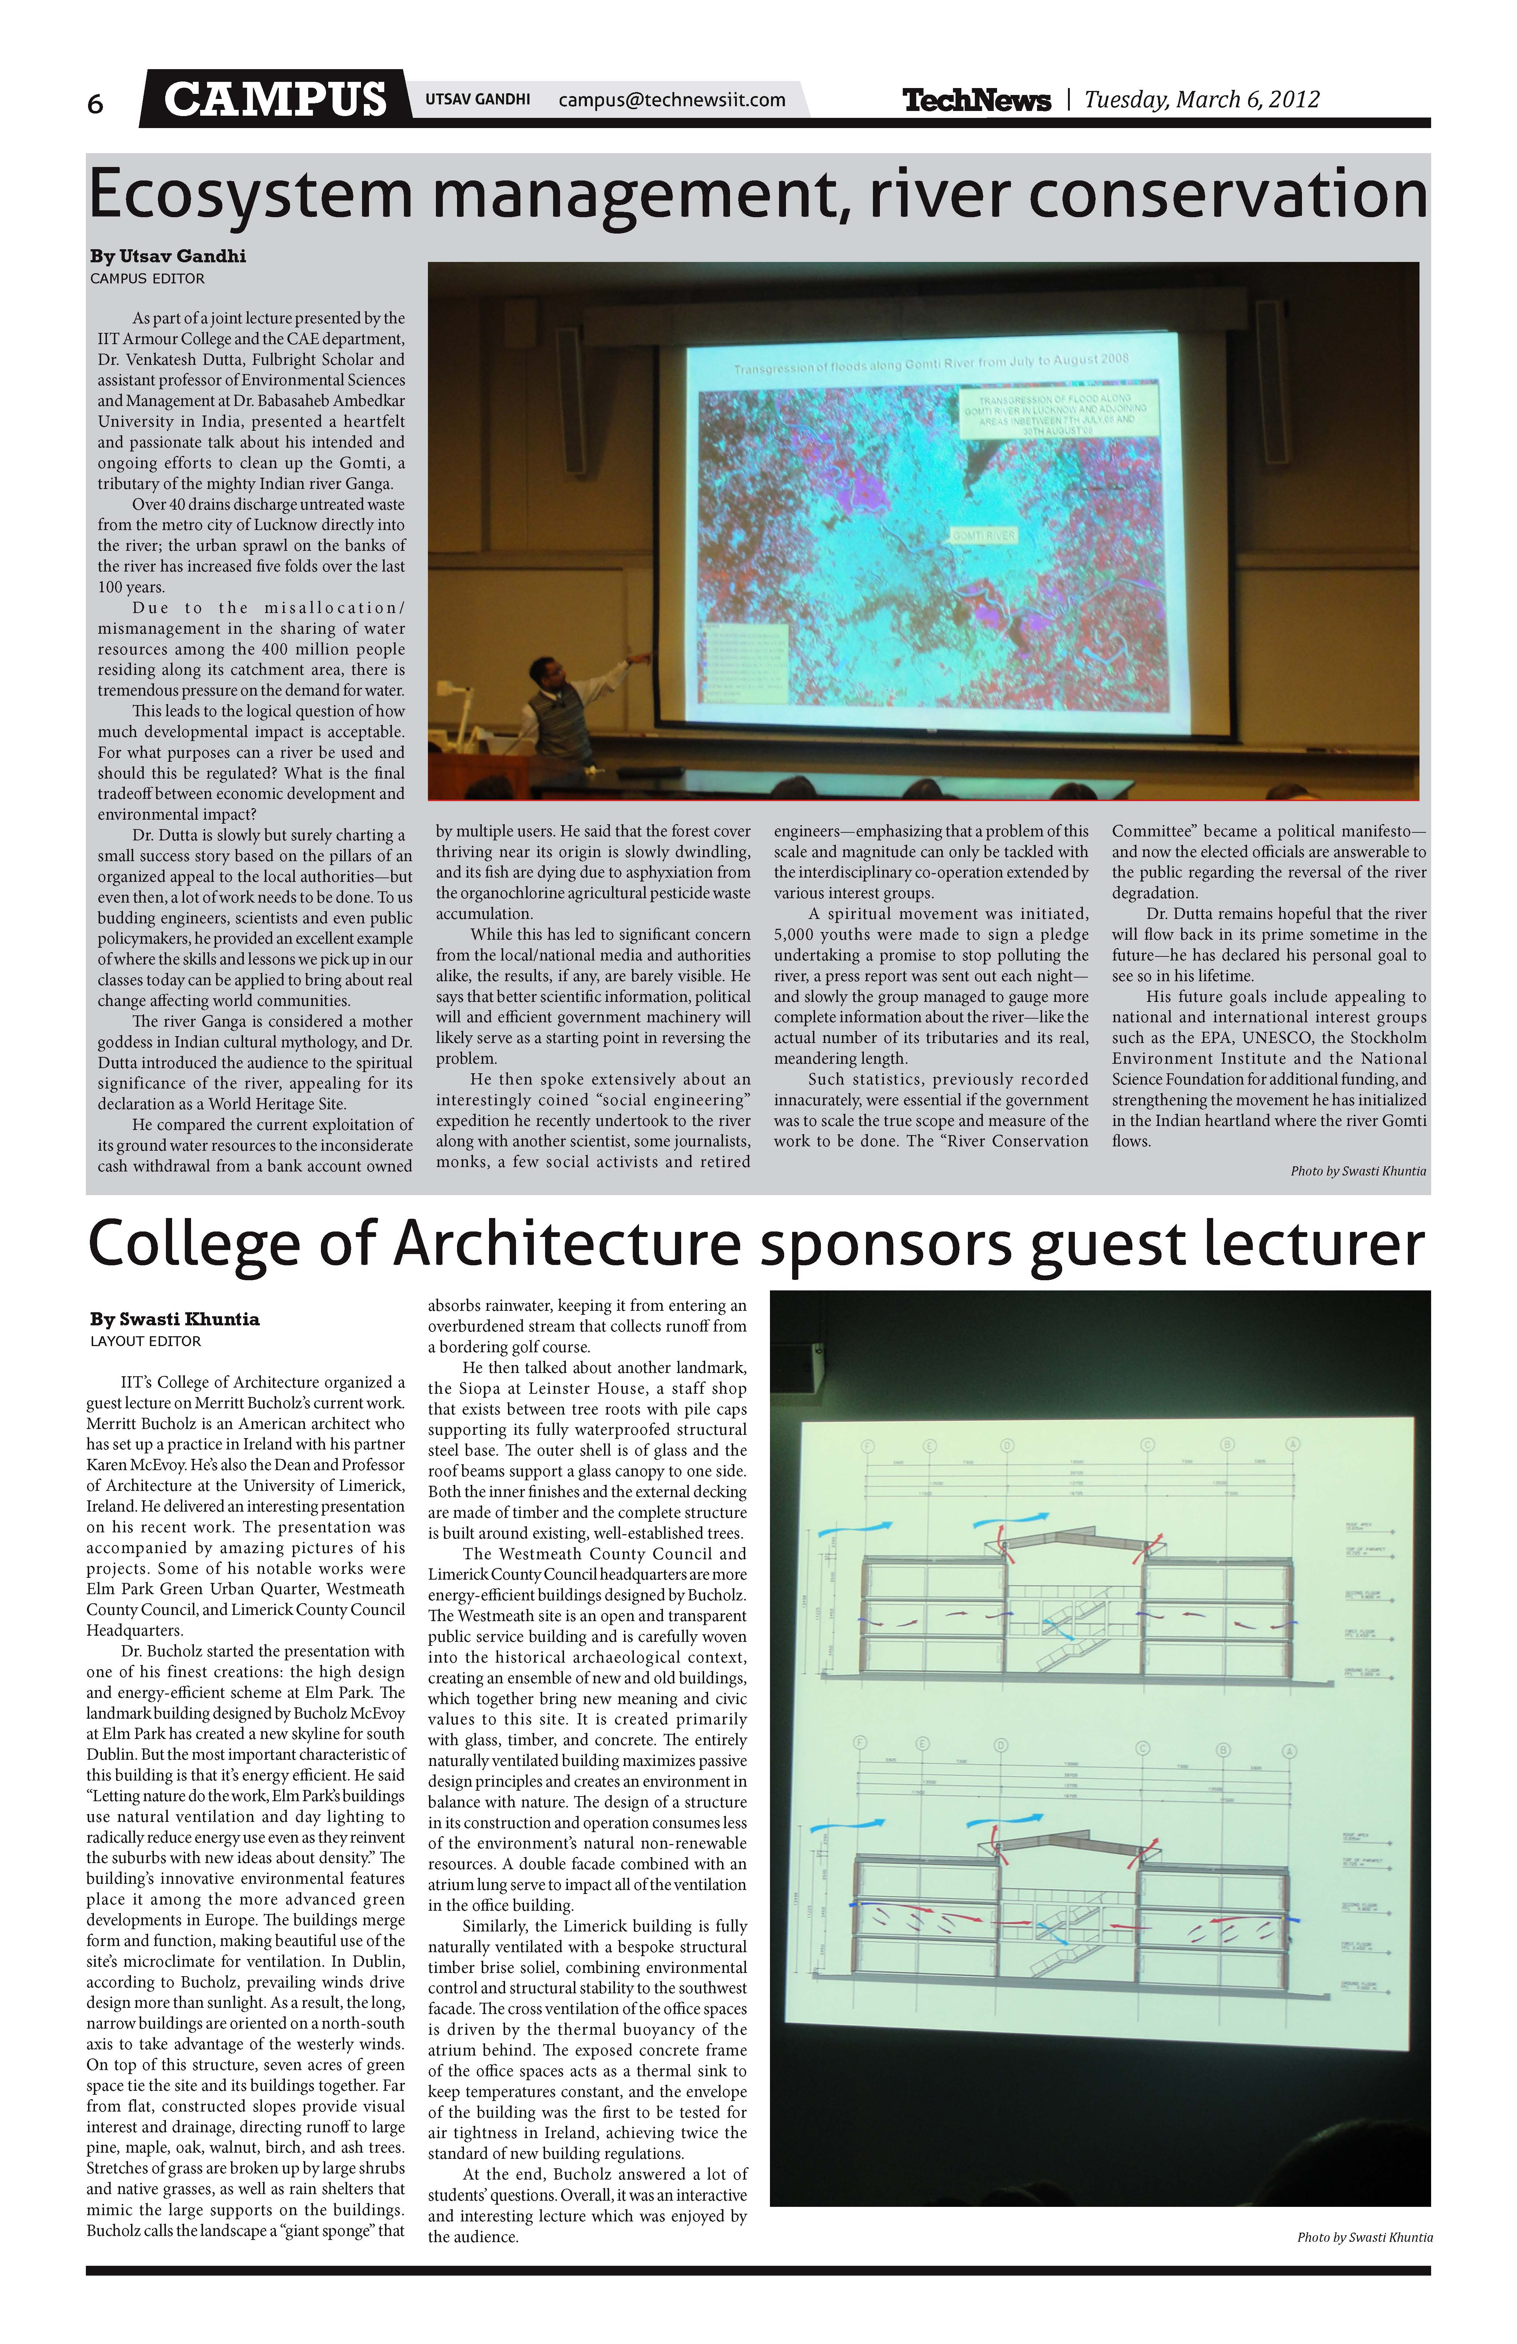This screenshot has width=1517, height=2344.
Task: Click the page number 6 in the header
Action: (96, 103)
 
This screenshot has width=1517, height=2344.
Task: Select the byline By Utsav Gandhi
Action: (167, 256)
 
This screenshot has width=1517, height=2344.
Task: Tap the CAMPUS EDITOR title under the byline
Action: (148, 279)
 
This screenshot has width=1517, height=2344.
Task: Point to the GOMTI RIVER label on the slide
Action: (982, 536)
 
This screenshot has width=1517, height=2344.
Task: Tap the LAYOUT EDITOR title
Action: (146, 1341)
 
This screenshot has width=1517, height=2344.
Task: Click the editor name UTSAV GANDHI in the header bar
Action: (478, 99)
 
